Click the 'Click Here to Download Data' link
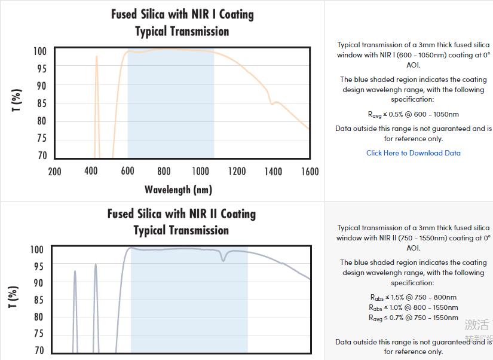pyautogui.click(x=413, y=152)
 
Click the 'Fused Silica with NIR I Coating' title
pyautogui.click(x=182, y=14)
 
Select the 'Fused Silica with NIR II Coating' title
pyautogui.click(x=181, y=213)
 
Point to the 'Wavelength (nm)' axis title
pyautogui.click(x=178, y=190)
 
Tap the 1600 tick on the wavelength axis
pyautogui.click(x=310, y=172)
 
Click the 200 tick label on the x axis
pyautogui.click(x=54, y=172)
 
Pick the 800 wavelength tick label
pyautogui.click(x=164, y=172)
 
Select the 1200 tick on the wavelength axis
pyautogui.click(x=237, y=172)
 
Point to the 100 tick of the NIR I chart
pyautogui.click(x=39, y=51)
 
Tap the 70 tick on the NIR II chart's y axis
pyautogui.click(x=39, y=350)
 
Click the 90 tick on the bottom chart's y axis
pyautogui.click(x=39, y=282)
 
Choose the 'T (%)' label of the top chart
pyautogui.click(x=17, y=100)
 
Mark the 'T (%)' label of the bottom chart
pyautogui.click(x=13, y=297)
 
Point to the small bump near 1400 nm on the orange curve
pyautogui.click(x=273, y=103)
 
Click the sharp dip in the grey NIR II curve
pyautogui.click(x=223, y=258)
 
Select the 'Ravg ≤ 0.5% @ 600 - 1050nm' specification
pyautogui.click(x=413, y=114)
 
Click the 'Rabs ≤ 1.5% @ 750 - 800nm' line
pyautogui.click(x=413, y=297)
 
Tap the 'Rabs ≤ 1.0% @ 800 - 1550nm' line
pyautogui.click(x=413, y=307)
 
